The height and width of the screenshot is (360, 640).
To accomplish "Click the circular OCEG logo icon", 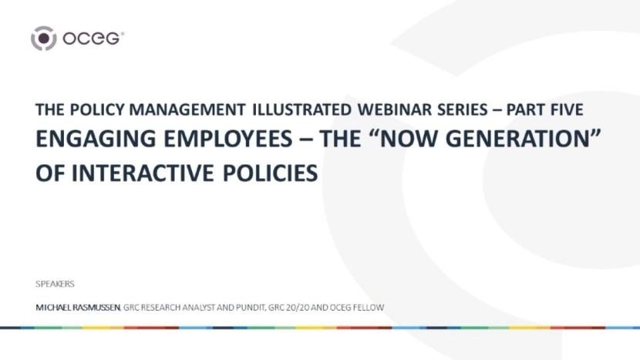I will pos(43,38).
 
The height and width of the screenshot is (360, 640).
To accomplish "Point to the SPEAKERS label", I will pos(55,284).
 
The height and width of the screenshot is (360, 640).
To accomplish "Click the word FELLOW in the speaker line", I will pos(365,308).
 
